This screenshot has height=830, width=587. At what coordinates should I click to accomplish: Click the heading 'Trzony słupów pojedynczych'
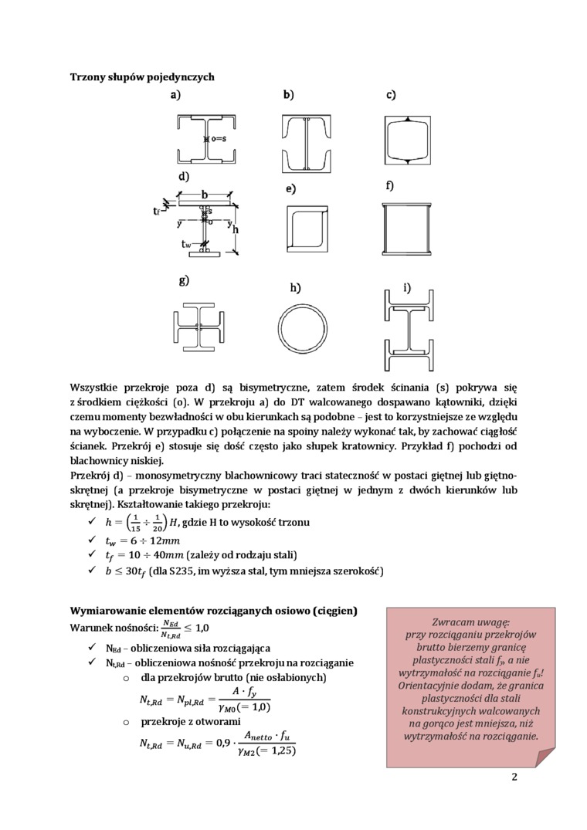[142, 77]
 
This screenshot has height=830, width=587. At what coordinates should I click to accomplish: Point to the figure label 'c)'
[391, 95]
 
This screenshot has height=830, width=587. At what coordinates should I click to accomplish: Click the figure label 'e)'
[290, 188]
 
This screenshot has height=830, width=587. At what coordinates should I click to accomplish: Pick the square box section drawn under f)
[405, 229]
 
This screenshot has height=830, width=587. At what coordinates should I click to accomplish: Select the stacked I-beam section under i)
[409, 332]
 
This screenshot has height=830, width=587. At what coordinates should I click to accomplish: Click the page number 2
[514, 777]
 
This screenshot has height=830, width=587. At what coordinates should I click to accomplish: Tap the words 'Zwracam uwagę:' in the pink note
[470, 621]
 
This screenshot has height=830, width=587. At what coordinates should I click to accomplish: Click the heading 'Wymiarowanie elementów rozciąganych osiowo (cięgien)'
[214, 611]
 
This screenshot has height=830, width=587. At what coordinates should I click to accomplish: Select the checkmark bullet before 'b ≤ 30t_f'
[93, 571]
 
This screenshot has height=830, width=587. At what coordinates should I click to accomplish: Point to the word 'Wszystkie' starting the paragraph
[93, 386]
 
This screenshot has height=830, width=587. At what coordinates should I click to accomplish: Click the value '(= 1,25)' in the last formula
[270, 750]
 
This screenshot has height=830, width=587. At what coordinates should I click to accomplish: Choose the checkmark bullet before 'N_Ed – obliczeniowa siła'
[93, 647]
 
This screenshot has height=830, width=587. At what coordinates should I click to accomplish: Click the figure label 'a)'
[175, 95]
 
